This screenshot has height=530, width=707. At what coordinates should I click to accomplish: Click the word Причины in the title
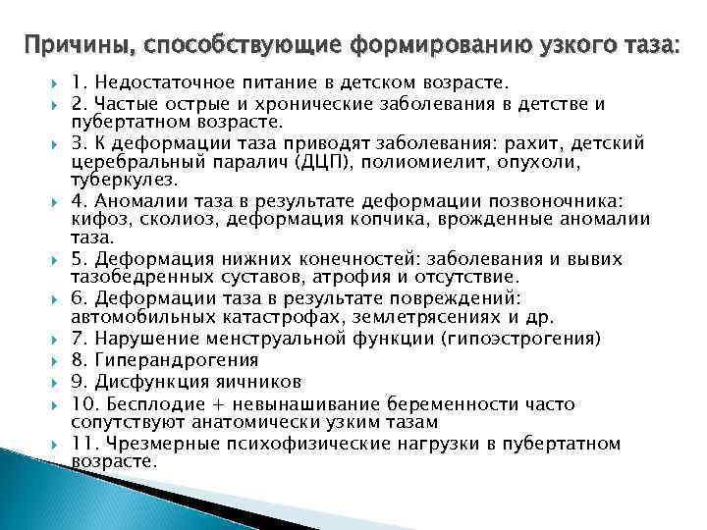tap(79, 44)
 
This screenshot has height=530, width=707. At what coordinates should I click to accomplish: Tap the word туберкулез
tap(124, 180)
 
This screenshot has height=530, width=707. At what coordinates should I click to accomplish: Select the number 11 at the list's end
tap(83, 443)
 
